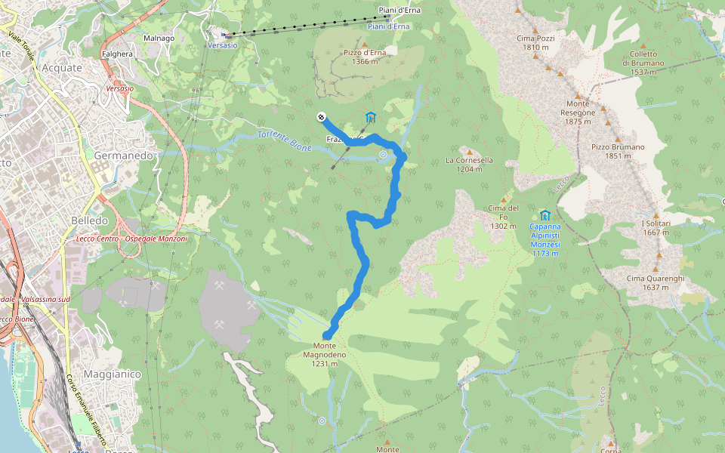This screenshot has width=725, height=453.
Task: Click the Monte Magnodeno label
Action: pyautogui.click(x=329, y=354)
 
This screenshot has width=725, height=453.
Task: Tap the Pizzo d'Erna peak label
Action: pyautogui.click(x=365, y=57)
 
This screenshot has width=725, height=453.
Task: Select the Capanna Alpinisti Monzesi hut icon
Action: pyautogui.click(x=545, y=215)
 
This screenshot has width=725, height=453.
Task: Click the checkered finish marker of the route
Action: pyautogui.click(x=321, y=117)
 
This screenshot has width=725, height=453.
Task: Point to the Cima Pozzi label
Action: pyautogui.click(x=535, y=42)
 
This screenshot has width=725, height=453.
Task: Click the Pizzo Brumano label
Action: pyautogui.click(x=618, y=151)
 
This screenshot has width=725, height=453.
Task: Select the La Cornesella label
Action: pyautogui.click(x=469, y=165)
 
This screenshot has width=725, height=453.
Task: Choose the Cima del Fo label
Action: pyautogui.click(x=504, y=217)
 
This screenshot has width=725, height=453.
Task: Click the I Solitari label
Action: pyautogui.click(x=655, y=228)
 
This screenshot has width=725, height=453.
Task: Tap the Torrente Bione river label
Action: pyautogui.click(x=284, y=140)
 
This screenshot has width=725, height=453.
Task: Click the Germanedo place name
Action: pyautogui.click(x=125, y=155)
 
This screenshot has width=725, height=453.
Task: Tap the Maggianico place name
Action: pyautogui.click(x=113, y=374)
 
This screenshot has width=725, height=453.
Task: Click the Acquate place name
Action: pyautogui.click(x=63, y=67)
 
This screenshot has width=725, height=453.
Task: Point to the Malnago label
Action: pyautogui.click(x=159, y=38)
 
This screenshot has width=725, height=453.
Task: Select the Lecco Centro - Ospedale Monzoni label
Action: pyautogui.click(x=132, y=239)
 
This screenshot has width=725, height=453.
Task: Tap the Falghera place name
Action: pyautogui.click(x=117, y=54)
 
